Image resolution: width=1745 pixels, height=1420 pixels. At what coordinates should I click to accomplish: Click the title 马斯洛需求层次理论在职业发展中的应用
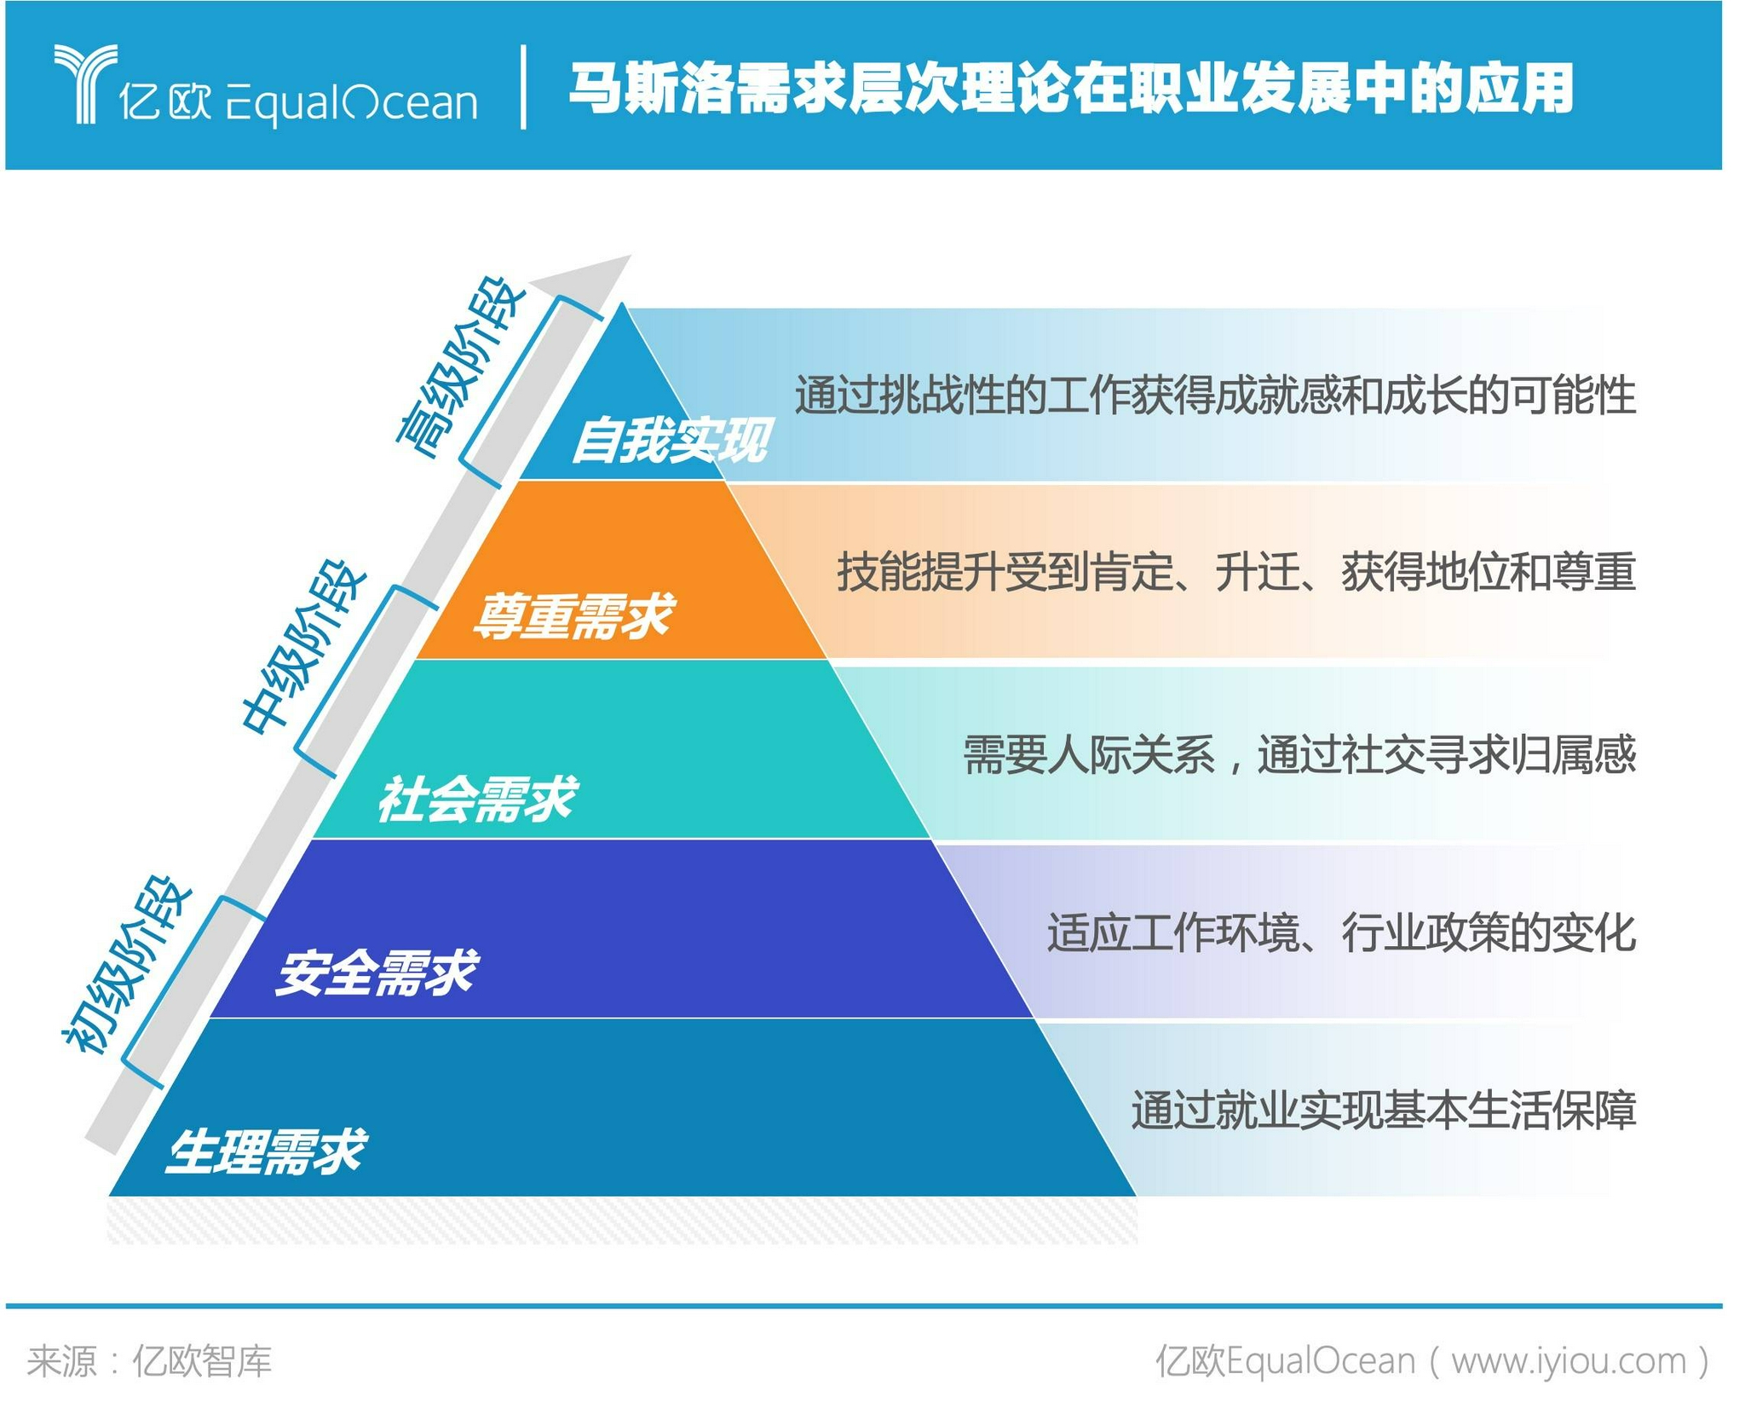coord(1070,88)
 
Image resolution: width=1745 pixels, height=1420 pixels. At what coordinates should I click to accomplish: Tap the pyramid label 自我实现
coord(671,440)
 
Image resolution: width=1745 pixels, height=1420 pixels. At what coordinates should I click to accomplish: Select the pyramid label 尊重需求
coord(573,615)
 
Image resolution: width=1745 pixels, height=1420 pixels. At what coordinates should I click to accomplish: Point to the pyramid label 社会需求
coord(477,799)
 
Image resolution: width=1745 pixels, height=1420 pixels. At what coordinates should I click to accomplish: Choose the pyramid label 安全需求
coord(377,973)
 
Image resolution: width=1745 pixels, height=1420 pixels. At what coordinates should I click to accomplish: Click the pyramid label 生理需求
coord(266,1151)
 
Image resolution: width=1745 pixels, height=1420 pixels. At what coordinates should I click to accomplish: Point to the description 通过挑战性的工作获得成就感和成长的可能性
coord(1215,395)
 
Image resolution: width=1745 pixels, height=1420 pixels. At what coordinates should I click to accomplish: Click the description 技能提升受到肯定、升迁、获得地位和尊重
coord(1235,571)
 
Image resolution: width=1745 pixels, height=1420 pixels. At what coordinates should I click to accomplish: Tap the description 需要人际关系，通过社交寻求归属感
coord(1299,755)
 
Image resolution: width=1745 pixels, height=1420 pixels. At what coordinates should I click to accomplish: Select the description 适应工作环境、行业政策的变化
coord(1341,932)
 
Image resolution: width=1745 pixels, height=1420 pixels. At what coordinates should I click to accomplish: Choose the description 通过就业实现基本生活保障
coord(1384,1110)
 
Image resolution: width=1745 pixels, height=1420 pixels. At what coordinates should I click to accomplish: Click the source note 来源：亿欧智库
coord(149,1361)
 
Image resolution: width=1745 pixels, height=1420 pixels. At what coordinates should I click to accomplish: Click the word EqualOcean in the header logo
coord(351,104)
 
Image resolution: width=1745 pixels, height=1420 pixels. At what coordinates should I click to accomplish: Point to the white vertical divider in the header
coord(523,87)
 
